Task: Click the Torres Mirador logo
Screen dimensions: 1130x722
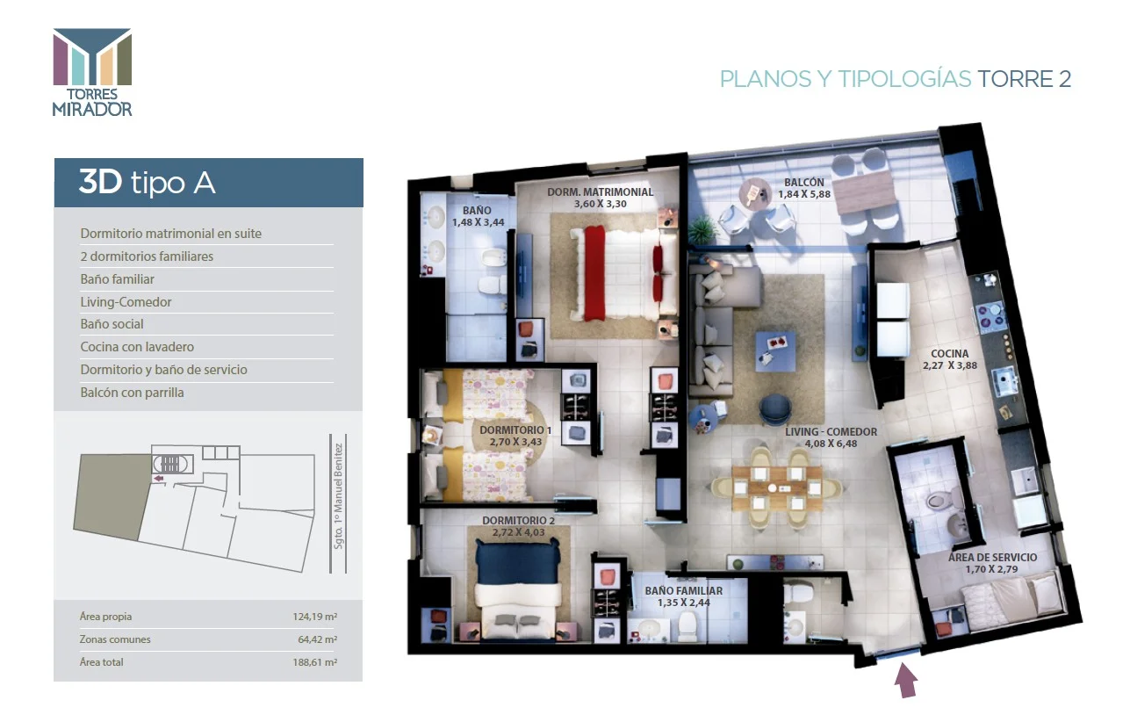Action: pyautogui.click(x=92, y=72)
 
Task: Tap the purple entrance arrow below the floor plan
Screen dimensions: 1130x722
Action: pyautogui.click(x=905, y=681)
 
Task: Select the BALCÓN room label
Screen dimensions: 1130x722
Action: pyautogui.click(x=804, y=182)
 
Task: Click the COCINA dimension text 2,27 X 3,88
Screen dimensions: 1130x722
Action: pyautogui.click(x=950, y=365)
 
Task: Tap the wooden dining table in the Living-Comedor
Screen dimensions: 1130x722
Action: pyautogui.click(x=777, y=487)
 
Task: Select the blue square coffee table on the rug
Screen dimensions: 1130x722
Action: pyautogui.click(x=775, y=351)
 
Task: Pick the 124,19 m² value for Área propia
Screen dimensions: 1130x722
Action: pyautogui.click(x=315, y=617)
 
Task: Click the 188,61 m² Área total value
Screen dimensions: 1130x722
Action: pyautogui.click(x=315, y=662)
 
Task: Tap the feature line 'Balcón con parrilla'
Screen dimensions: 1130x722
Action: pyautogui.click(x=133, y=393)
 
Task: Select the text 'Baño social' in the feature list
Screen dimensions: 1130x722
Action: pyautogui.click(x=112, y=324)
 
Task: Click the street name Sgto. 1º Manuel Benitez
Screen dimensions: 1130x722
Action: pyautogui.click(x=338, y=496)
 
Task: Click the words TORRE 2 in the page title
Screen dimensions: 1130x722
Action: pyautogui.click(x=1024, y=79)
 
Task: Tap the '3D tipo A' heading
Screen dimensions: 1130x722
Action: pyautogui.click(x=147, y=182)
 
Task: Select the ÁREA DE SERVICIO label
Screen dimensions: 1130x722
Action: pyautogui.click(x=992, y=558)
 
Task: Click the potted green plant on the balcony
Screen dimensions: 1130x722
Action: pyautogui.click(x=702, y=231)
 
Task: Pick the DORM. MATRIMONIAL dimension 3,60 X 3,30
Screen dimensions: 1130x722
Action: pyautogui.click(x=601, y=204)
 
